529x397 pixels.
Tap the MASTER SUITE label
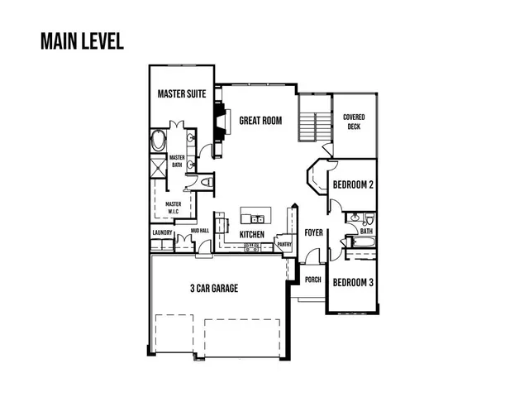tap(182, 95)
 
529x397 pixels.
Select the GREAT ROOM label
tap(260, 121)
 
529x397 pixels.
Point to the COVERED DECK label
tap(354, 122)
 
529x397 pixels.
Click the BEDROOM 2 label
tap(354, 185)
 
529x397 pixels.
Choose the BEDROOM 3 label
tap(354, 283)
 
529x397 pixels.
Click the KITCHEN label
tap(251, 235)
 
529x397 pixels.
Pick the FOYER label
tap(313, 232)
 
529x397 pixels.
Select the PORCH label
tap(313, 280)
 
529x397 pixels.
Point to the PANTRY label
tap(284, 245)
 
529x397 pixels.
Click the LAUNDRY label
tap(162, 232)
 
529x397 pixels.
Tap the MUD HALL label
tap(198, 231)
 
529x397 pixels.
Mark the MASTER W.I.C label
tap(174, 207)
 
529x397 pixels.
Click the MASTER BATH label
tap(176, 160)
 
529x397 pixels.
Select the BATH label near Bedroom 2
tap(366, 232)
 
